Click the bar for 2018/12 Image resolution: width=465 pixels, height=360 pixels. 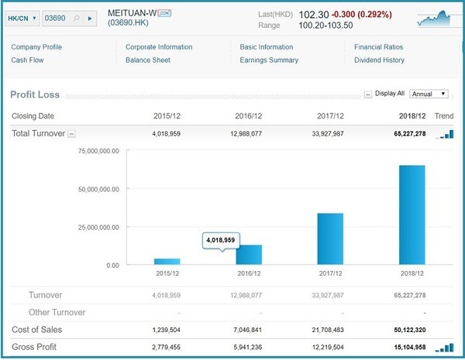(412, 214)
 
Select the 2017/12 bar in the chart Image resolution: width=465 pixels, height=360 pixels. (330, 238)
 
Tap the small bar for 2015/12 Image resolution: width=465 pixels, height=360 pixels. (167, 262)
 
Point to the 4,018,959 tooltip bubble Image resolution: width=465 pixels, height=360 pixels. (221, 241)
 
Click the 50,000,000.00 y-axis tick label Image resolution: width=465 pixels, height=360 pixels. (98, 190)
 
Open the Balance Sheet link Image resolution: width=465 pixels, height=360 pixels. (148, 60)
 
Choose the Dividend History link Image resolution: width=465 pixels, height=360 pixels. (379, 60)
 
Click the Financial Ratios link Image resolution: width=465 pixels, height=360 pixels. (378, 47)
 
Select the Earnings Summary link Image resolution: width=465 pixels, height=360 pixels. (269, 60)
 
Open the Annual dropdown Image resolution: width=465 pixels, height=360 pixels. (429, 94)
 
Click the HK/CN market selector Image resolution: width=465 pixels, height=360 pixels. (22, 19)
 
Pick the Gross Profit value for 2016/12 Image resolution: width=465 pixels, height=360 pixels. (248, 348)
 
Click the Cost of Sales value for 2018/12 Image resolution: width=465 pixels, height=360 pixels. (410, 330)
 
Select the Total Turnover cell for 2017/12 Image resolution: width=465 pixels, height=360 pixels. (328, 134)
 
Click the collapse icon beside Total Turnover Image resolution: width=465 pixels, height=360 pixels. (71, 134)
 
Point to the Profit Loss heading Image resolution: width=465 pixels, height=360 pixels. (35, 94)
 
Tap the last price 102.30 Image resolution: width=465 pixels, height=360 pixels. (314, 15)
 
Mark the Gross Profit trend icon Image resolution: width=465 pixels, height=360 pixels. (444, 348)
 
